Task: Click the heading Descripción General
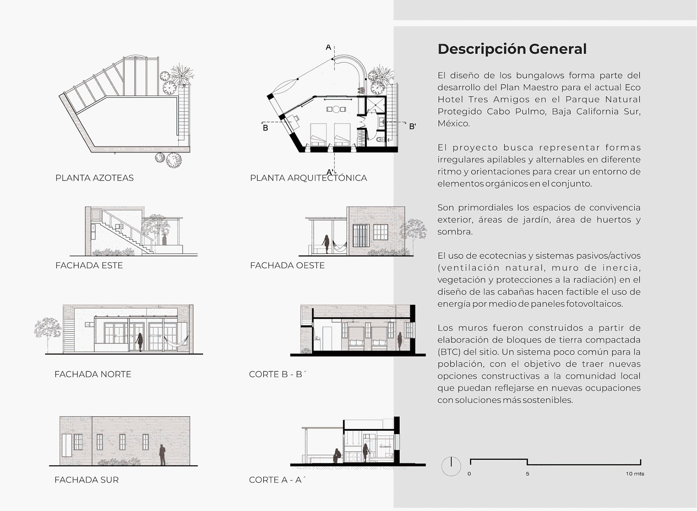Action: click(512, 49)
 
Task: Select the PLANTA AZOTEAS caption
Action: click(94, 178)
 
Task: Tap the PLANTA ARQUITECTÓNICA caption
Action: click(308, 178)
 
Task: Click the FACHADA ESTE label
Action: click(89, 265)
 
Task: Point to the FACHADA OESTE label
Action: click(287, 265)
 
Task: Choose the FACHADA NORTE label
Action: click(93, 374)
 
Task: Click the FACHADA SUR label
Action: click(86, 480)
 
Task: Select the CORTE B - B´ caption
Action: click(278, 374)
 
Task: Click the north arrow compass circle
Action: click(451, 466)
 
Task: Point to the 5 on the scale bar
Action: click(527, 474)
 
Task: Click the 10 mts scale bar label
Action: click(635, 474)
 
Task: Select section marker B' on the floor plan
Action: click(412, 127)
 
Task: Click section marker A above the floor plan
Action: click(328, 47)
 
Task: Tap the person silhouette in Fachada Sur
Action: click(162, 455)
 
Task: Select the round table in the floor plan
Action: click(336, 109)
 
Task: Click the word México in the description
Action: click(453, 123)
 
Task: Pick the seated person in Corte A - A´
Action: click(337, 456)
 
